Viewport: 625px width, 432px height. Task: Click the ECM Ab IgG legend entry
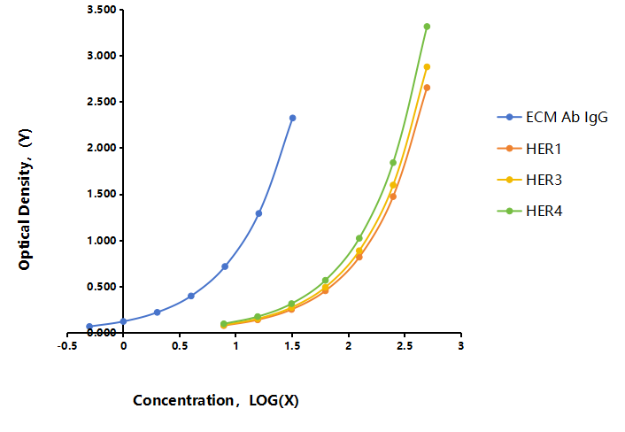(552, 117)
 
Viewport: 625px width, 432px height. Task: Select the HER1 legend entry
(529, 149)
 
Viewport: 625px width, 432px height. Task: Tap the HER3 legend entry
(529, 180)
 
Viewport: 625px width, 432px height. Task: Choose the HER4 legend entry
(529, 211)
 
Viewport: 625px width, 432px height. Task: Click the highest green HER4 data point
(427, 27)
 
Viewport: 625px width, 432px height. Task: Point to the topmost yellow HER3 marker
(427, 67)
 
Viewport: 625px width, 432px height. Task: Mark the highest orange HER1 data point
(427, 88)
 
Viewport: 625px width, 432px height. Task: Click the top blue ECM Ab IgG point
(292, 118)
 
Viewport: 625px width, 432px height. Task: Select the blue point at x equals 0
(123, 321)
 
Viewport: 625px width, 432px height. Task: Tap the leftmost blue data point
(89, 327)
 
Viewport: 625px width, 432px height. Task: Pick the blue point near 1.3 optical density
(258, 213)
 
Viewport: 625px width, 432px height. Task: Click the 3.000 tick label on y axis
(101, 56)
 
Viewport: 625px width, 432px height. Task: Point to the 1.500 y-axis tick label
(101, 194)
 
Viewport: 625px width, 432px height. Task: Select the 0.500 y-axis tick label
(101, 287)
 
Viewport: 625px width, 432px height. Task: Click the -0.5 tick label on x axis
(67, 346)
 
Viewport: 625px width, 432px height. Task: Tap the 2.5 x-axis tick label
(405, 346)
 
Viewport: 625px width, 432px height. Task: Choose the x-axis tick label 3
(460, 346)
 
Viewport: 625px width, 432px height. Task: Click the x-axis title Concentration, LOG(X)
(216, 400)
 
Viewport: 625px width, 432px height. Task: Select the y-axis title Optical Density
(25, 199)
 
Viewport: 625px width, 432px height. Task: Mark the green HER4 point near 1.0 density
(359, 238)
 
